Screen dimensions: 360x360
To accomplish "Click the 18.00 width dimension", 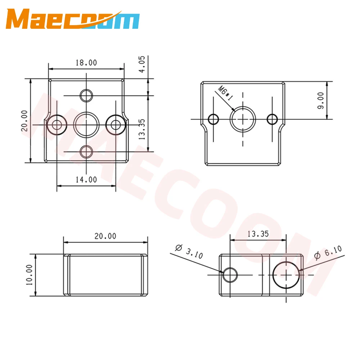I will [86, 63].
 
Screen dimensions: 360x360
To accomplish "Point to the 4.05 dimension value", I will [142, 64].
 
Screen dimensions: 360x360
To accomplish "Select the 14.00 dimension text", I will [86, 179].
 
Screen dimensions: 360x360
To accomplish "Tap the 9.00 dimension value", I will [320, 100].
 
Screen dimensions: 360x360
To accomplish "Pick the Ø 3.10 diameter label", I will [189, 251].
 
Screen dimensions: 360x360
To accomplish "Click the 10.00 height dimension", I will [29, 275].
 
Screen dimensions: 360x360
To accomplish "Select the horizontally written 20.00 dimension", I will [105, 236].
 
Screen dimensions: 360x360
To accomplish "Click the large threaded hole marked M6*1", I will [243, 119].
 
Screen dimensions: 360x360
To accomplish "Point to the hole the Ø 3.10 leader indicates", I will [229, 275].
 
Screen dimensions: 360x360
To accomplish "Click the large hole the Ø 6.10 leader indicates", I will [286, 275].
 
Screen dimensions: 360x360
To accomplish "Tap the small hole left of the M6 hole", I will [214, 118].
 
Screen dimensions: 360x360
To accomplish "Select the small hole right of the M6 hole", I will [273, 118].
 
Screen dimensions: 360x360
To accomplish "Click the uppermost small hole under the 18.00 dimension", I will [86, 95].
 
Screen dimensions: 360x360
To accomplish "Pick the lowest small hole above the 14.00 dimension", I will [86, 152].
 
